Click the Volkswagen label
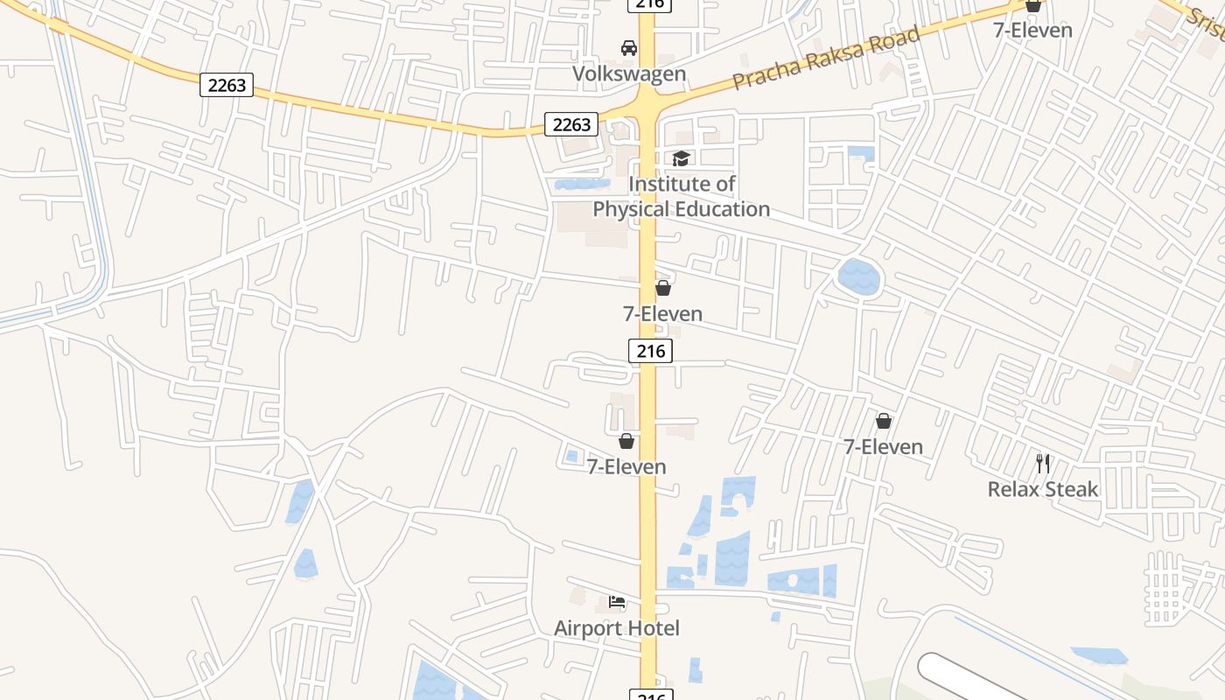[x=628, y=73]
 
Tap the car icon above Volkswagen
[x=628, y=47]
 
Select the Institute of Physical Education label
[x=681, y=197]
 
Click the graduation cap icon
[x=681, y=158]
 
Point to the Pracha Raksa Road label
[x=826, y=58]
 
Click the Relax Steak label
[x=1042, y=489]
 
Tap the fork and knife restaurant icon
[x=1042, y=463]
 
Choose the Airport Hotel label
[x=616, y=628]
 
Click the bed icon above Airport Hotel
[x=617, y=602]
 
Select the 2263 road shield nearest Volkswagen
[x=571, y=124]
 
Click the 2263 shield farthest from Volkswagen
[x=226, y=85]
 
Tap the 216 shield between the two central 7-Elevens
[x=650, y=352]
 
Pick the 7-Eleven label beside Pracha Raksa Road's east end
[x=1032, y=30]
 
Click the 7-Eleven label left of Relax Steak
[x=883, y=447]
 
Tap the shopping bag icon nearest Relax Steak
[x=884, y=422]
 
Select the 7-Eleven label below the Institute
[x=662, y=313]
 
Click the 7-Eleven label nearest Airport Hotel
[x=626, y=467]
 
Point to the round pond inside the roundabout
[x=858, y=277]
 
